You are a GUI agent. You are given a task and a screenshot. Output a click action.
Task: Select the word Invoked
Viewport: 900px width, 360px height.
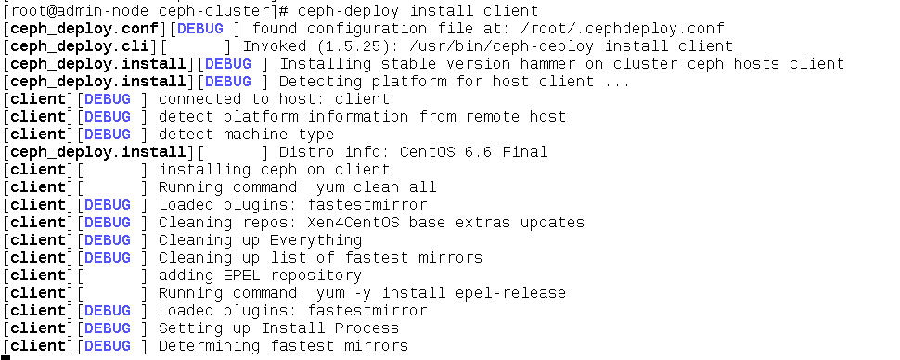[275, 45]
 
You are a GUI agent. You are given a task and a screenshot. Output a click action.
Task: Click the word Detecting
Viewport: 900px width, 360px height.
[320, 81]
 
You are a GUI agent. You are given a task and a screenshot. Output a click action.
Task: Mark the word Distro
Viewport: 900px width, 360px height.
[306, 151]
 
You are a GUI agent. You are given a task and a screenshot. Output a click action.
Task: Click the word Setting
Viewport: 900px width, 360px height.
[191, 328]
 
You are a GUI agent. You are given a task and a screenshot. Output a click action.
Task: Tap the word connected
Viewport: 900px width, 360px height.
[200, 98]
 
